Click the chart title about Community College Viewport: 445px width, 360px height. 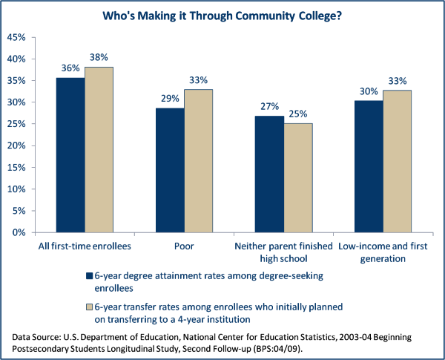pos(222,14)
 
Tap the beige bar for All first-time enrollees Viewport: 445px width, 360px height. pos(99,149)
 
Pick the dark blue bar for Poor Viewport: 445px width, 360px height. pos(170,170)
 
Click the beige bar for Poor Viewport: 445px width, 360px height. pos(198,161)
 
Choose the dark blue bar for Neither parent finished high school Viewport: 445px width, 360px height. pos(269,174)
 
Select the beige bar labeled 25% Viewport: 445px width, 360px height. pos(297,178)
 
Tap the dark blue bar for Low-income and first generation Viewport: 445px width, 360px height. pos(369,166)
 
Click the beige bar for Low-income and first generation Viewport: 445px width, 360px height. pos(397,161)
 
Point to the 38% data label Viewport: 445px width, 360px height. pos(99,56)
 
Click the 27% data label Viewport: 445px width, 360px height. pos(269,105)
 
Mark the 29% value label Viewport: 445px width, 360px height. pos(170,97)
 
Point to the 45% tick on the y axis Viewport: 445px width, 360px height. pos(16,36)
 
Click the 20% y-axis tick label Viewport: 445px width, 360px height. pos(16,145)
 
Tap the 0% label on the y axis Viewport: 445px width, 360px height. pos(19,232)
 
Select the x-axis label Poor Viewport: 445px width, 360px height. pos(184,244)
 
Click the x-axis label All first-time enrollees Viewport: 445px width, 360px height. pos(84,244)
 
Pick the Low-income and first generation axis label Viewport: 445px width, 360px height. pos(383,251)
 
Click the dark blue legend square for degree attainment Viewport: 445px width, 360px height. pos(90,276)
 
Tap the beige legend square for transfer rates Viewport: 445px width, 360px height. pos(90,307)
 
